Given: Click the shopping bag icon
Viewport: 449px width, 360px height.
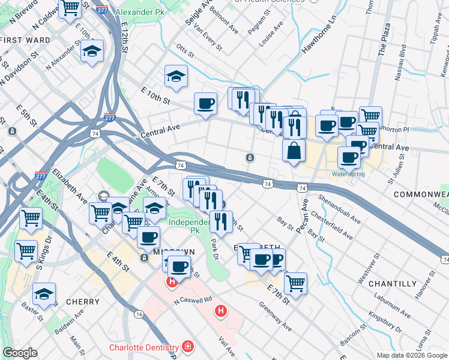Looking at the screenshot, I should pyautogui.click(x=294, y=150).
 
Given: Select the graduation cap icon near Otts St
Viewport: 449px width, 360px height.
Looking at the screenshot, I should pyautogui.click(x=175, y=76).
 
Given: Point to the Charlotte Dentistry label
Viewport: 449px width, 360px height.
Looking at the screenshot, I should pyautogui.click(x=143, y=347).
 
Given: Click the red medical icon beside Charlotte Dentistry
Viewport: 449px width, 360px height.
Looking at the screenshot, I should pyautogui.click(x=188, y=347).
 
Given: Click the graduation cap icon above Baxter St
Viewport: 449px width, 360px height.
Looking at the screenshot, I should pyautogui.click(x=44, y=294).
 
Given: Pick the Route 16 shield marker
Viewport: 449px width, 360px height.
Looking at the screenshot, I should pyautogui.click(x=139, y=314).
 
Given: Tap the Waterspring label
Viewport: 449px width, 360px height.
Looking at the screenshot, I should pyautogui.click(x=348, y=175).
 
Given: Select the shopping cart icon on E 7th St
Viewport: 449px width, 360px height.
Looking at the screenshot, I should pyautogui.click(x=295, y=283).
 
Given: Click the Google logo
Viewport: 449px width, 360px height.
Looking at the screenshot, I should pyautogui.click(x=20, y=352).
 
